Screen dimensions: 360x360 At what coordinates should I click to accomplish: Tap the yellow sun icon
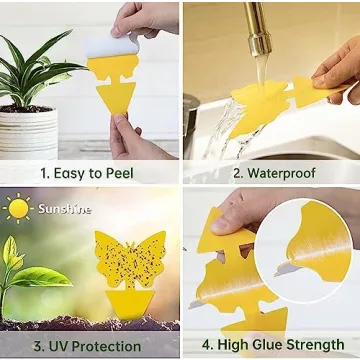(x=17, y=208)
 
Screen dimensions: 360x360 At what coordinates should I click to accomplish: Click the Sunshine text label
(x=64, y=209)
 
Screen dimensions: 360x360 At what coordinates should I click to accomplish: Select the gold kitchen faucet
(x=259, y=30)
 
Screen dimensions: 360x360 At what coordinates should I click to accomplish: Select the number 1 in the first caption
(x=43, y=172)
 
